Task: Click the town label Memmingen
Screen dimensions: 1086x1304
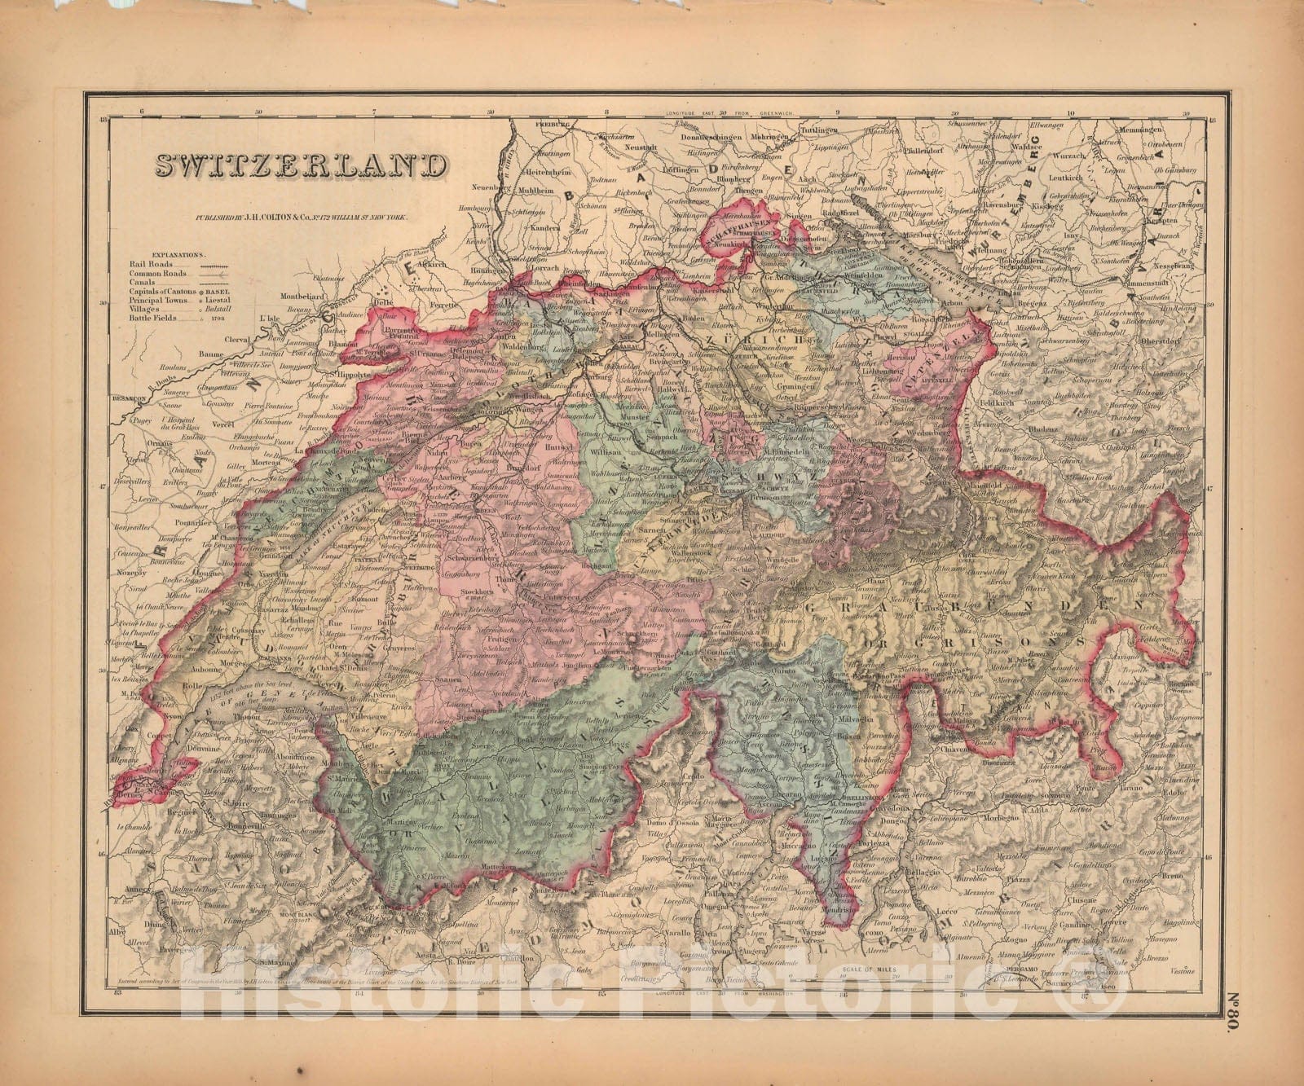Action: (1161, 130)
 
